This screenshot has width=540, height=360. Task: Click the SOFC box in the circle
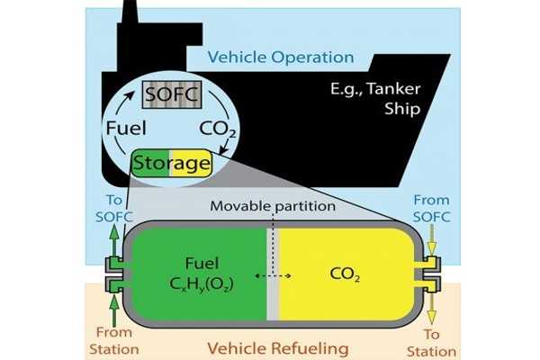(x=170, y=93)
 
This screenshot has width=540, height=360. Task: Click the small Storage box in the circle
(x=172, y=164)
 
